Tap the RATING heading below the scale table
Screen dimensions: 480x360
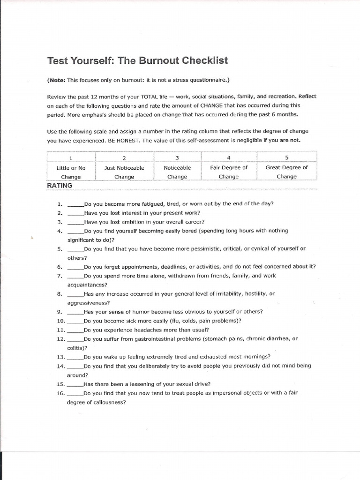pyautogui.click(x=60, y=185)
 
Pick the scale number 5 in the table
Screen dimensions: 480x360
pyautogui.click(x=286, y=158)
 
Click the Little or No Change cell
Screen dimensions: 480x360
pyautogui.click(x=71, y=172)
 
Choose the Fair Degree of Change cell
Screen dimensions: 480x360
pyautogui.click(x=229, y=172)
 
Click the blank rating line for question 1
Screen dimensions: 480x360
pyautogui.click(x=75, y=204)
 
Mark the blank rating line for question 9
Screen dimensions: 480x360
pyautogui.click(x=75, y=312)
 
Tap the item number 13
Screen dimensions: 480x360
pyautogui.click(x=60, y=357)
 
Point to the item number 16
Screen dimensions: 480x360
pyautogui.click(x=60, y=393)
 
